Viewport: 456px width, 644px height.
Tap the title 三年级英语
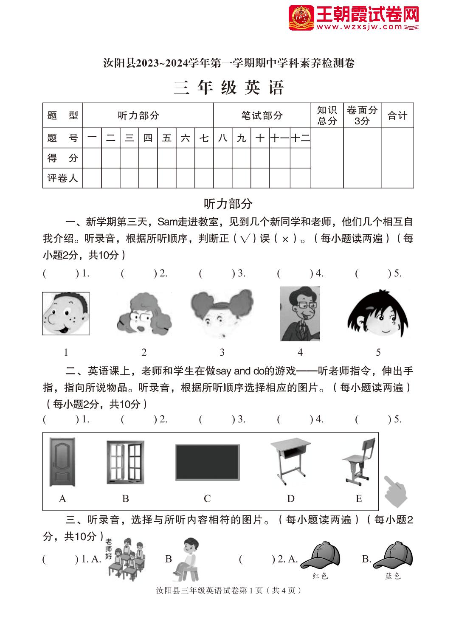[x=228, y=87]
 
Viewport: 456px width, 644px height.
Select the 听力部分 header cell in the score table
[x=138, y=115]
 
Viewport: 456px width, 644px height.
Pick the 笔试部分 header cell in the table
[x=262, y=115]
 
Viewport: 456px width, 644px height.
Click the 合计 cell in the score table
[x=397, y=115]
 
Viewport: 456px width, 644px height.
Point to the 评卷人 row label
[x=62, y=178]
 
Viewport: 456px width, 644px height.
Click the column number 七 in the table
[x=204, y=138]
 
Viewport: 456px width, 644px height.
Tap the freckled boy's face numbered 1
[x=66, y=313]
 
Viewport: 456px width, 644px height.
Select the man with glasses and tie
[x=300, y=314]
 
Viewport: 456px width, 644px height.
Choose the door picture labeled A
[x=62, y=462]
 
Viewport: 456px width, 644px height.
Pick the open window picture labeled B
[x=125, y=462]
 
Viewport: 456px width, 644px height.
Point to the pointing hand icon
[x=395, y=491]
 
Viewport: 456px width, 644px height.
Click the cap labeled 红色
[x=320, y=555]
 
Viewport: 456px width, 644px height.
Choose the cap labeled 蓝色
[x=393, y=555]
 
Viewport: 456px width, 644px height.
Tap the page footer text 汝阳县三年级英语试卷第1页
[x=228, y=590]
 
